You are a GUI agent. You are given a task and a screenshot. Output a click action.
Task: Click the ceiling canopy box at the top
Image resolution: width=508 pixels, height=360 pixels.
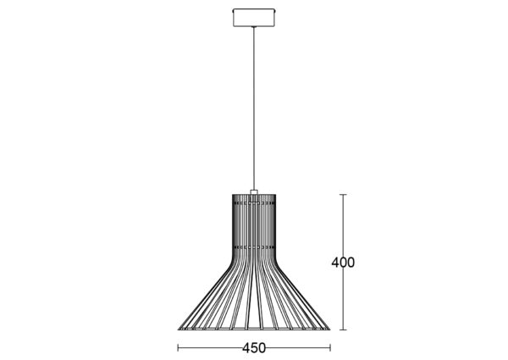tap(254, 18)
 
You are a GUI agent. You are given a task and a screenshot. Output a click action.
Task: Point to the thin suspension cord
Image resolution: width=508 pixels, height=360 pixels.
tap(254, 108)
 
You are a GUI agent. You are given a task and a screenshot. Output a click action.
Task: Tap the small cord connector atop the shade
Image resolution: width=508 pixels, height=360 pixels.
tap(254, 192)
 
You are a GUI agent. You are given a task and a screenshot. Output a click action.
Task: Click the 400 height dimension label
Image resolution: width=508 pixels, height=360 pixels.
tap(343, 262)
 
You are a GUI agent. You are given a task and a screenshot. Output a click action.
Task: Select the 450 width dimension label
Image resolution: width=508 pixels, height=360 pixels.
tap(254, 348)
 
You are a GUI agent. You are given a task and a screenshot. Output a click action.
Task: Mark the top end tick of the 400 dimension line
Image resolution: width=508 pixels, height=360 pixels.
tap(343, 195)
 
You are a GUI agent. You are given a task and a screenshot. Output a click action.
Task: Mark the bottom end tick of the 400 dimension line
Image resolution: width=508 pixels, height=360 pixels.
tap(343, 330)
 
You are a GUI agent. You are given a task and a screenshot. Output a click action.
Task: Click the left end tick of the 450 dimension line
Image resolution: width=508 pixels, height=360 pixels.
tap(178, 348)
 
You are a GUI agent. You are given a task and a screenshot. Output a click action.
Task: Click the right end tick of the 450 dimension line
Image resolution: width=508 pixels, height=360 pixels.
tap(330, 348)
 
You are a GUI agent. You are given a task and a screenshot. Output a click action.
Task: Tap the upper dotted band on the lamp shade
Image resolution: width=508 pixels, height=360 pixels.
tap(254, 203)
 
